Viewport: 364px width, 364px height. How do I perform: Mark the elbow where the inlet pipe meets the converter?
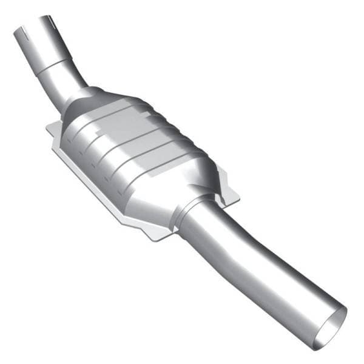(72, 91)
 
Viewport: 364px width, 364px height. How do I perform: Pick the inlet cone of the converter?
(91, 106)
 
